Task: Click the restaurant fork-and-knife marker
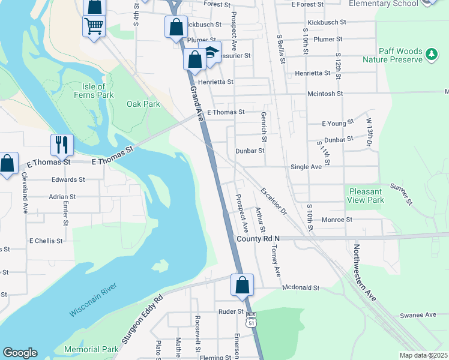click(x=62, y=144)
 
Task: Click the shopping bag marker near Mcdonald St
click(x=243, y=285)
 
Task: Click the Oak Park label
click(x=143, y=104)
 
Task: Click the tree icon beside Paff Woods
click(x=431, y=55)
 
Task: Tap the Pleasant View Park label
click(x=366, y=196)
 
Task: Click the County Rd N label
click(x=258, y=239)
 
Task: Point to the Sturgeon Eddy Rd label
click(x=142, y=319)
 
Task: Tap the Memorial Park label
click(x=91, y=349)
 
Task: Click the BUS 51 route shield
click(x=252, y=318)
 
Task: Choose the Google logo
click(x=20, y=353)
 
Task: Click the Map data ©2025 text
click(x=423, y=355)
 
